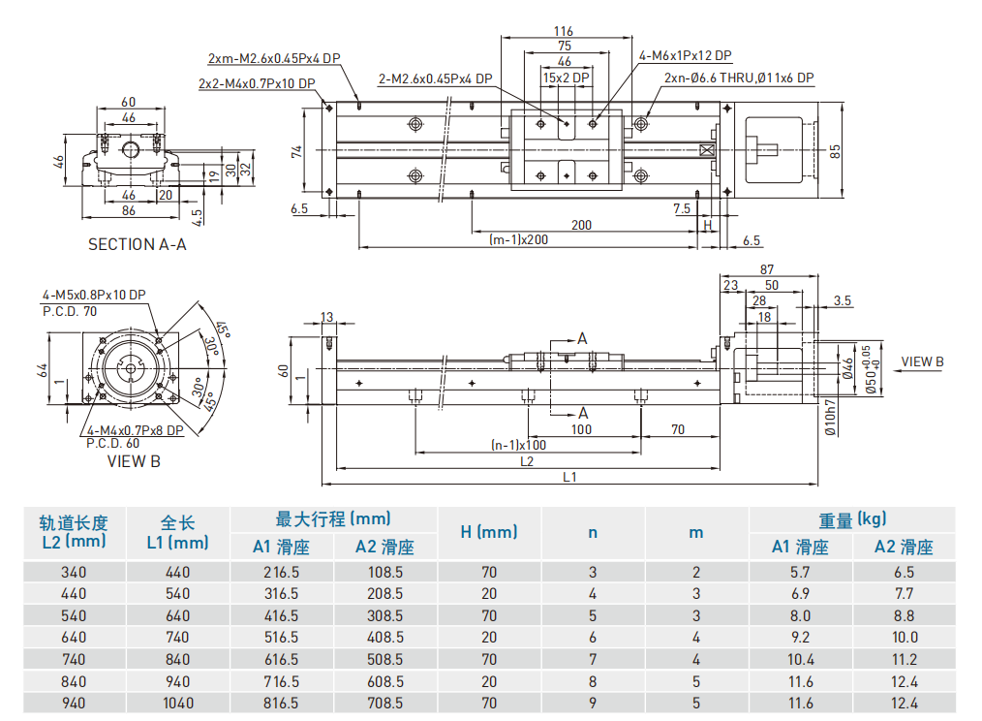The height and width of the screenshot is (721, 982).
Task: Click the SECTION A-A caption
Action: pyautogui.click(x=138, y=244)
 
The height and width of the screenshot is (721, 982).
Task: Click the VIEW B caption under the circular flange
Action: pyautogui.click(x=134, y=461)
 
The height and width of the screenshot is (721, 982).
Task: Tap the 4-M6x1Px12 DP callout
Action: pyautogui.click(x=685, y=56)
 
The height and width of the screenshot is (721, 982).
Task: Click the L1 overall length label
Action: pyautogui.click(x=569, y=476)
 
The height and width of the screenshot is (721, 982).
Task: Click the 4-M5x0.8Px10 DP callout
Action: pyautogui.click(x=94, y=295)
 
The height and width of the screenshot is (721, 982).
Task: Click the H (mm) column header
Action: pyautogui.click(x=488, y=532)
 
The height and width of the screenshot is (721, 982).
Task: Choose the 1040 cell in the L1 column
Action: pyautogui.click(x=178, y=703)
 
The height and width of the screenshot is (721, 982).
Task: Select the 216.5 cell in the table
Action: pyautogui.click(x=281, y=572)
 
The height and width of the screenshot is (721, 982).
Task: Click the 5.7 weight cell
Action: pyautogui.click(x=800, y=572)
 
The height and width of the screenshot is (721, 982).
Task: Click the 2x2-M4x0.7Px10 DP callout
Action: pyautogui.click(x=257, y=83)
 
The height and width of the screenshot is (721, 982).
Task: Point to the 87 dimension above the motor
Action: pyautogui.click(x=767, y=269)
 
